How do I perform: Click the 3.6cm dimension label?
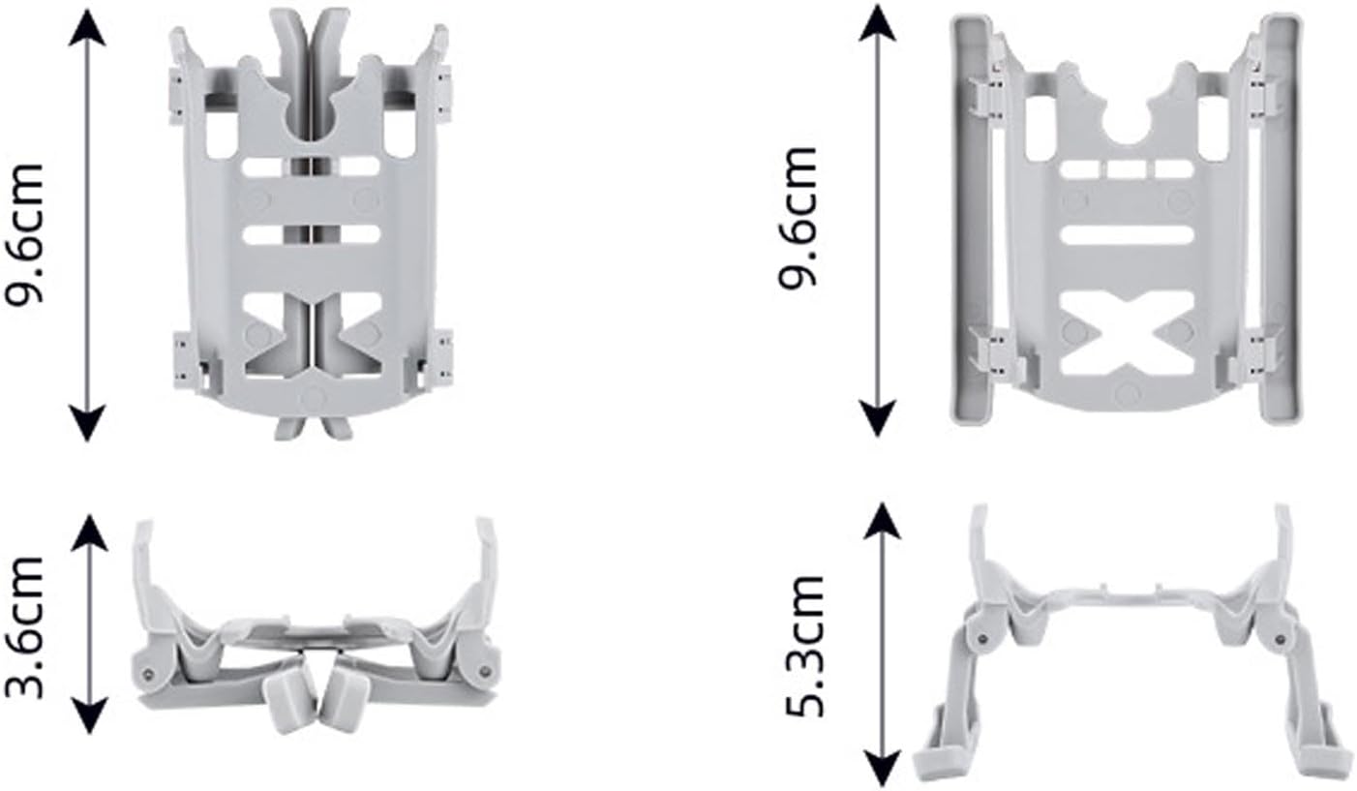[24, 627]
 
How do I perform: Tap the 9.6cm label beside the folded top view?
[24, 232]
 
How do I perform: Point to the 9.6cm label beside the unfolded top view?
[798, 218]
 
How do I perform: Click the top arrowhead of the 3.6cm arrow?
[90, 532]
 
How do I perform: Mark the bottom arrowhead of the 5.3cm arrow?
[881, 768]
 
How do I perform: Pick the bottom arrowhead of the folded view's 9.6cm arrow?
[87, 423]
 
